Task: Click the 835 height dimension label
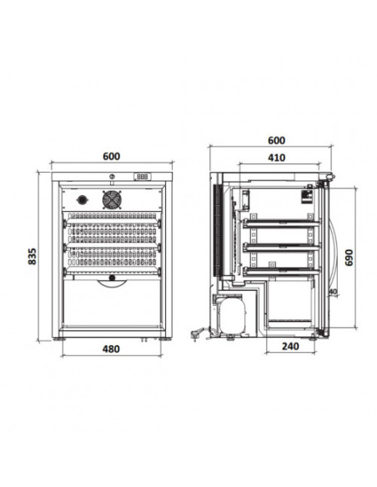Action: (x=32, y=256)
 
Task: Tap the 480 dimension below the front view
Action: (x=111, y=349)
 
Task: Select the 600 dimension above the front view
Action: (x=112, y=156)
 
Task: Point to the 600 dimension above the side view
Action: (x=276, y=141)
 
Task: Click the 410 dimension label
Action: (x=276, y=158)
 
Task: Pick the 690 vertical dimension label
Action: (x=349, y=258)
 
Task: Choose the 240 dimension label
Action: (x=290, y=346)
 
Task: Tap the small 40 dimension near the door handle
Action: (x=333, y=292)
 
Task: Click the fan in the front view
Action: (x=112, y=199)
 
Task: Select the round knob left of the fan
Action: (x=82, y=199)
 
